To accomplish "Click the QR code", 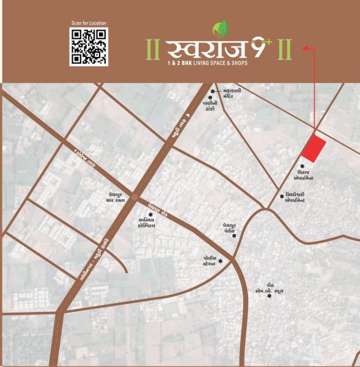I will [89, 47].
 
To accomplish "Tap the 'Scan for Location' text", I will [89, 23].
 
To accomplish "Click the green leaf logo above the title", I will [218, 29].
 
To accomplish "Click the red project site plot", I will [315, 147].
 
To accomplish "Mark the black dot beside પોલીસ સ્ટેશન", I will [221, 262].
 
